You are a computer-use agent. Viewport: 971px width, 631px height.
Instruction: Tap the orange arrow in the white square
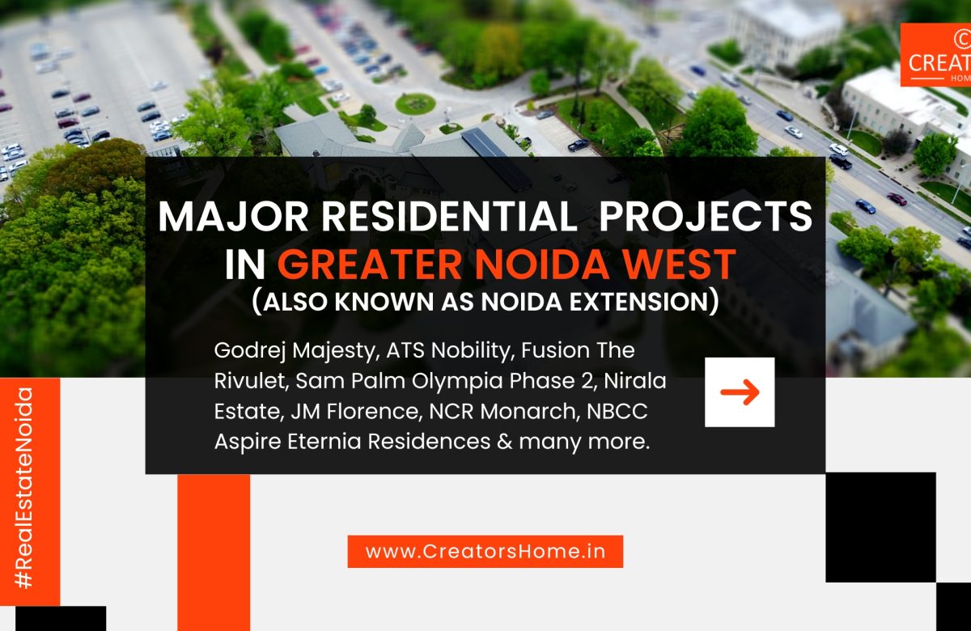coord(740,392)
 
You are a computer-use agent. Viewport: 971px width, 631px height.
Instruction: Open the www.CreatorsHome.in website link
coord(485,552)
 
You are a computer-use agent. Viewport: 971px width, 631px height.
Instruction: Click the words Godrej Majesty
coord(296,352)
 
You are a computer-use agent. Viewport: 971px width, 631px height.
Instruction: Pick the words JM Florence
coord(348,411)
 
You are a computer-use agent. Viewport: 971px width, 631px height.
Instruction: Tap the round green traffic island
coord(415,103)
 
